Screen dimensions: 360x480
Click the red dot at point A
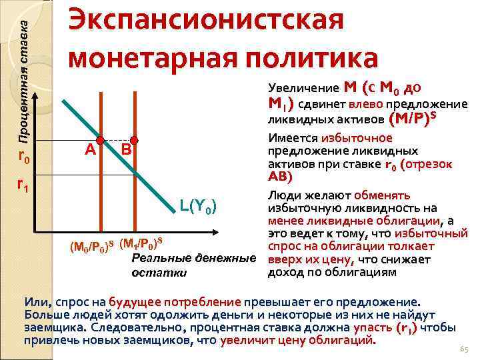click(x=100, y=141)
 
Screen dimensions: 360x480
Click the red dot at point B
click(x=134, y=141)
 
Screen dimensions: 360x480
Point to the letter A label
click(x=89, y=150)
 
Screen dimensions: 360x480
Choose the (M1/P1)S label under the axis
click(x=141, y=242)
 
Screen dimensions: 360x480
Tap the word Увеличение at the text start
click(x=304, y=88)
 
